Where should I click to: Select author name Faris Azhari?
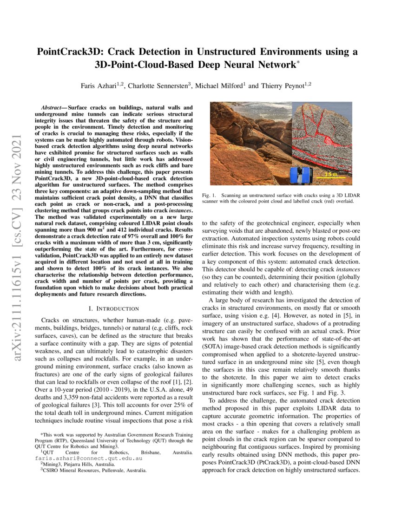point(99,85)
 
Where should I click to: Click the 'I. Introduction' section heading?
point(113,308)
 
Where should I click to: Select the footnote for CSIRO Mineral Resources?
point(93,470)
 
